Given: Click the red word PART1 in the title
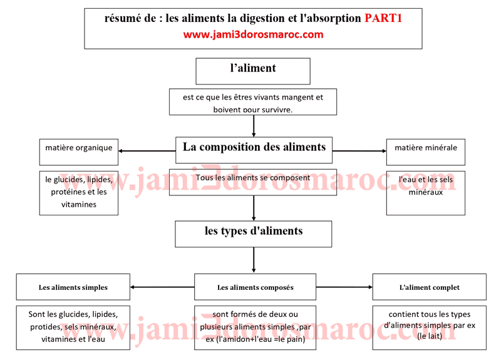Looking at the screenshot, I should click(x=383, y=19).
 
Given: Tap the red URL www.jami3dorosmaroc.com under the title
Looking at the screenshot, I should click(x=253, y=35).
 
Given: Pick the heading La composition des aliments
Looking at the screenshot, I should click(x=254, y=147).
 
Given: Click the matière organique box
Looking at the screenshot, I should click(x=79, y=148).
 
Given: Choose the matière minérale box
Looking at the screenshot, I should click(x=426, y=148).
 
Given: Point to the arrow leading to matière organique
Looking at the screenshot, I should click(x=147, y=151).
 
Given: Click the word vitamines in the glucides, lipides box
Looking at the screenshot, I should click(x=79, y=204).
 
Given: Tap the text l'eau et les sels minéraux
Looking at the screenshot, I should click(x=426, y=186).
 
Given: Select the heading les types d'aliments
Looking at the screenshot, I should click(x=254, y=231).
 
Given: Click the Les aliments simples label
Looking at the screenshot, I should click(x=73, y=288).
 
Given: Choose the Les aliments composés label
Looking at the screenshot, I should click(x=255, y=288).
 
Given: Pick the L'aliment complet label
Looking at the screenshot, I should click(x=429, y=288).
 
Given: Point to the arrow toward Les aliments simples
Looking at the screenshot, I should click(x=163, y=287).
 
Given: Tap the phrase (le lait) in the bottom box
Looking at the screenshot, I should click(x=430, y=336).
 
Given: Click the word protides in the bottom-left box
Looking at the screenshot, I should click(x=45, y=327).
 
